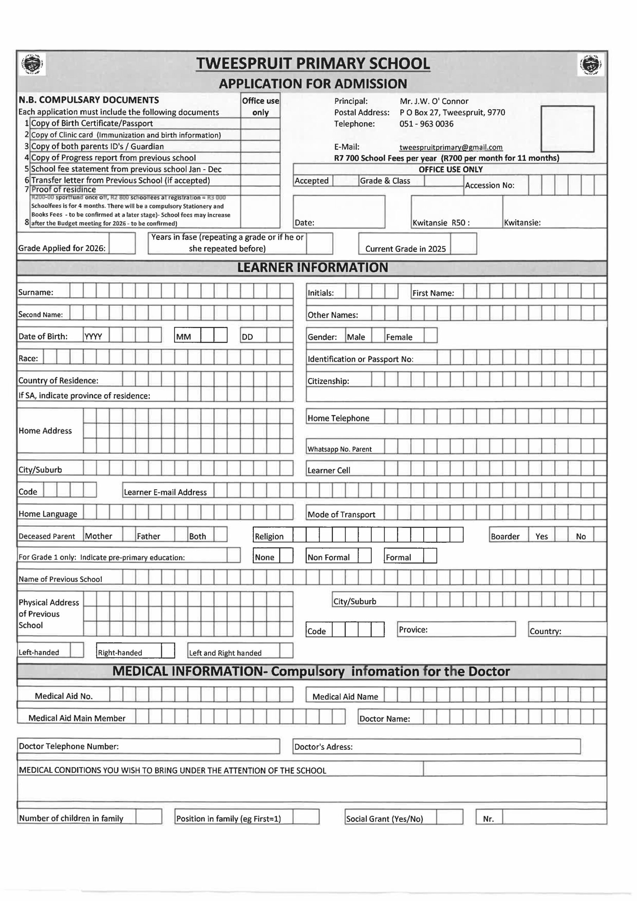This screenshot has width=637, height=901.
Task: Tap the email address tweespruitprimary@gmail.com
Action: [x=450, y=147]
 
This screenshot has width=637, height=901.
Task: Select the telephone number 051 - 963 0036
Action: [x=426, y=124]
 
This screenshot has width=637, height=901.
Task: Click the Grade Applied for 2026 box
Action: [x=122, y=244]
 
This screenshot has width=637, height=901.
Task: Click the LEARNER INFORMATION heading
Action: [x=313, y=267]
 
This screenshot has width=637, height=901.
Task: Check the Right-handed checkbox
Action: [x=168, y=651]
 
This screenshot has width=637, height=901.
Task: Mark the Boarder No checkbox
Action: [x=600, y=535]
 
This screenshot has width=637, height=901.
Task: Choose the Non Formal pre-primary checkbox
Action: [x=364, y=556]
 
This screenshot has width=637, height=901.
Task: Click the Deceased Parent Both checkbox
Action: [x=220, y=535]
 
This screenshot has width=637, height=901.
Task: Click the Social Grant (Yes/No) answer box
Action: [x=449, y=817]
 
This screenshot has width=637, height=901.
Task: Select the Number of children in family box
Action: [x=149, y=816]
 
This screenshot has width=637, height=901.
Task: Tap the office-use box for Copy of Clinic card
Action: [x=260, y=135]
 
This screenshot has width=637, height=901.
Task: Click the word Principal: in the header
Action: [x=351, y=101]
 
